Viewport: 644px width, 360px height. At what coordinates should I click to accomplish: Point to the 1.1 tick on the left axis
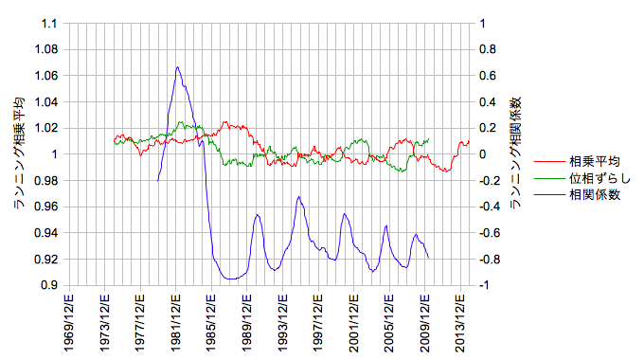[49, 24]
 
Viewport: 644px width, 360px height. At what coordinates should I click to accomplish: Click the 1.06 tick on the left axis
[46, 76]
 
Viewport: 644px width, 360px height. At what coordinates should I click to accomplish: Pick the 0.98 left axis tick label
[46, 180]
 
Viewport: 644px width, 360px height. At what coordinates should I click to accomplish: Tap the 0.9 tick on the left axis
[49, 285]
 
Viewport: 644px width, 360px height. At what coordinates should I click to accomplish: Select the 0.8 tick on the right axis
[488, 49]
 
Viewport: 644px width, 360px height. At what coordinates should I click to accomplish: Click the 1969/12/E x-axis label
[69, 322]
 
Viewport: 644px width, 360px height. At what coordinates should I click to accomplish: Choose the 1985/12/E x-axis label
[211, 322]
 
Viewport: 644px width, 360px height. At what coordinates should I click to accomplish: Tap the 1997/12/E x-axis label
[318, 322]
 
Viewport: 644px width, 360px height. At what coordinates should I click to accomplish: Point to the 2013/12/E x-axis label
[460, 322]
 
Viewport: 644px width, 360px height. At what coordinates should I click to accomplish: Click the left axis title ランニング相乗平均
[19, 153]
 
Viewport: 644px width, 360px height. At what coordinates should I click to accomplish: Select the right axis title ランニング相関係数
[515, 153]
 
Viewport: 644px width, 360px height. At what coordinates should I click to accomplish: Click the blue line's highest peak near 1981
[177, 67]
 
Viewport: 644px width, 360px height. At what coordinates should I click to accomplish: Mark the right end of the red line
[469, 142]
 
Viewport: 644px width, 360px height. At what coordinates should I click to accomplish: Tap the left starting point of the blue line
[158, 180]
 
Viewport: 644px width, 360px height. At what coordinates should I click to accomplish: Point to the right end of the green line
[428, 139]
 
